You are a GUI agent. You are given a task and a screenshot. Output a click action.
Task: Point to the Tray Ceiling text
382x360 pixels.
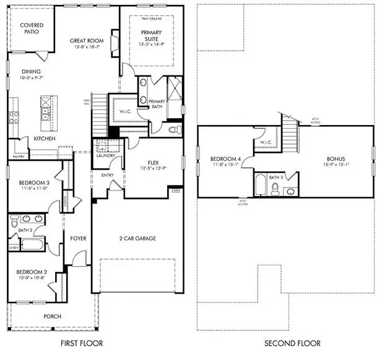(x=151, y=18)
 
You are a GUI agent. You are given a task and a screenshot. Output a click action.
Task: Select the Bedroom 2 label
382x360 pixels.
(x=31, y=272)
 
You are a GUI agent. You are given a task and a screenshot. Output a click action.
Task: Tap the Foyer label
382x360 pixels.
(x=78, y=237)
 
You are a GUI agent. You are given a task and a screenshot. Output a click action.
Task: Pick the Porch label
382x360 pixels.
(x=53, y=316)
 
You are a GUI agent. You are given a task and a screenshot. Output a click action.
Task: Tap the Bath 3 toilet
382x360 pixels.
(x=289, y=191)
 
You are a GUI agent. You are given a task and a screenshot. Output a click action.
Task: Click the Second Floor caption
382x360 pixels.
(x=285, y=343)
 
